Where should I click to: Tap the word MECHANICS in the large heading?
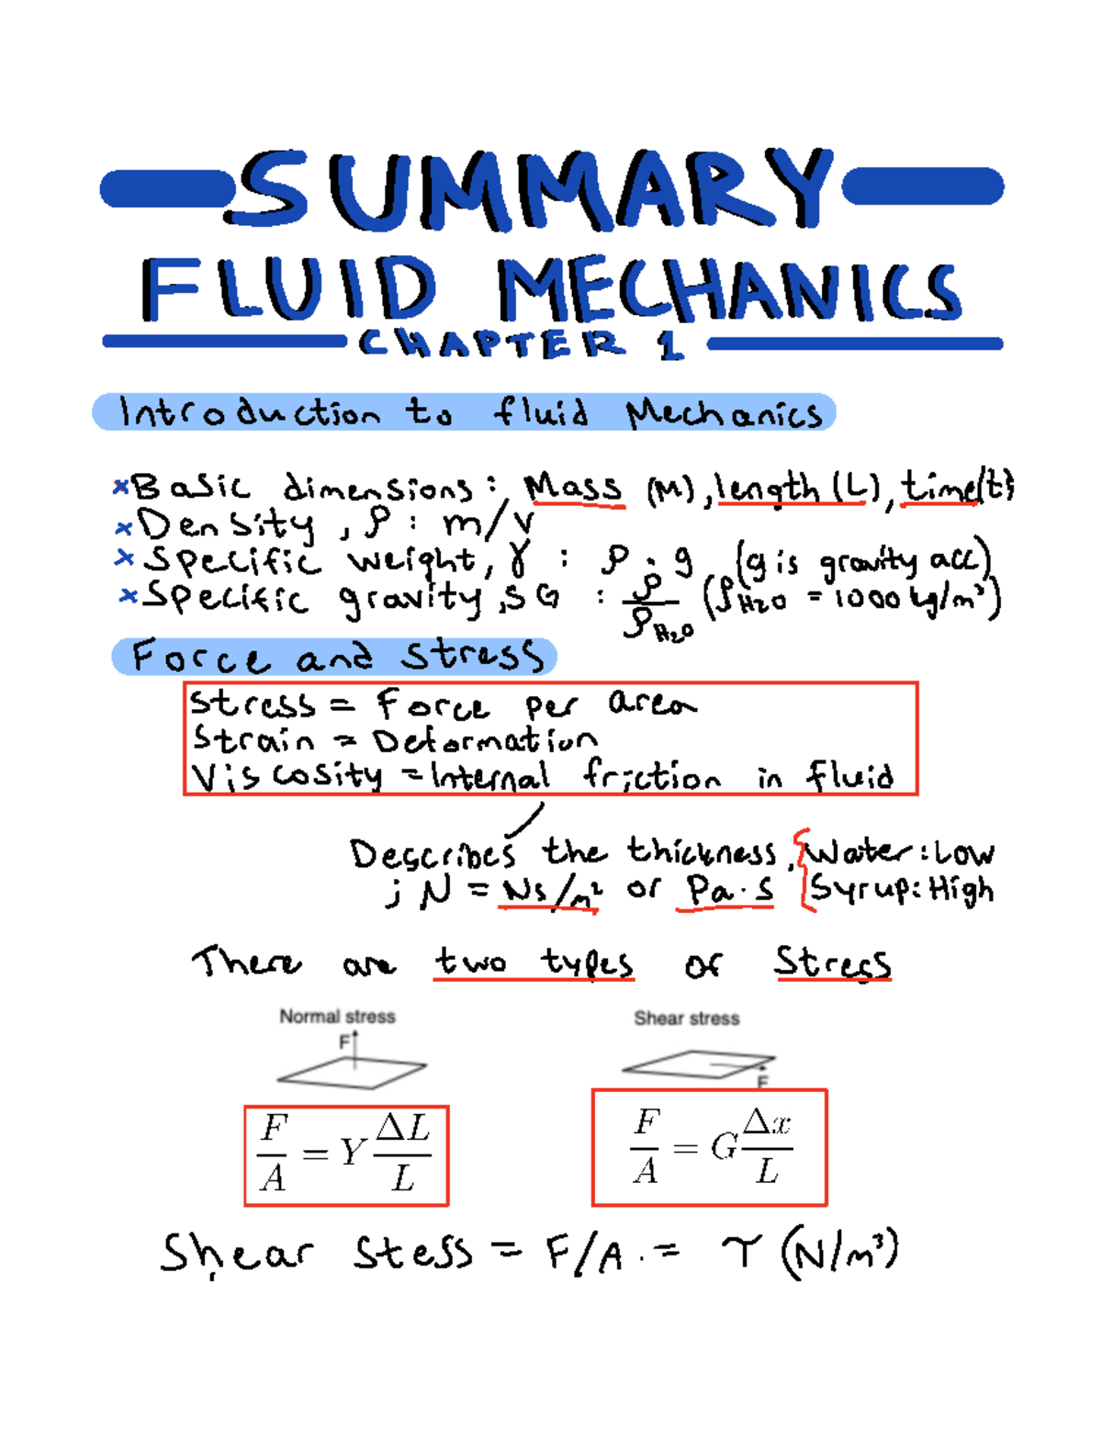pyautogui.click(x=729, y=290)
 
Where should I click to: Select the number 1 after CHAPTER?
pyautogui.click(x=670, y=345)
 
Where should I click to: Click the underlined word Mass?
pyautogui.click(x=573, y=488)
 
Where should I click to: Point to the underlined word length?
pyautogui.click(x=767, y=488)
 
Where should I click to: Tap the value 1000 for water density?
pyautogui.click(x=868, y=600)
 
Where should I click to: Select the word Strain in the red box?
pyautogui.click(x=253, y=739)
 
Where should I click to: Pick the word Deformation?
pyautogui.click(x=485, y=740)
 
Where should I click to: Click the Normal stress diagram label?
pyautogui.click(x=337, y=1017)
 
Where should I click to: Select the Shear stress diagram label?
pyautogui.click(x=686, y=1019)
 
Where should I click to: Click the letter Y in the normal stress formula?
pyautogui.click(x=352, y=1152)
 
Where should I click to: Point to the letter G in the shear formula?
pyautogui.click(x=724, y=1146)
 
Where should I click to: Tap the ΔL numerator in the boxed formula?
pyautogui.click(x=403, y=1128)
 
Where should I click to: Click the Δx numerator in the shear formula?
pyautogui.click(x=767, y=1122)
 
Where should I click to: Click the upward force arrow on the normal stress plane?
pyautogui.click(x=355, y=1047)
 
